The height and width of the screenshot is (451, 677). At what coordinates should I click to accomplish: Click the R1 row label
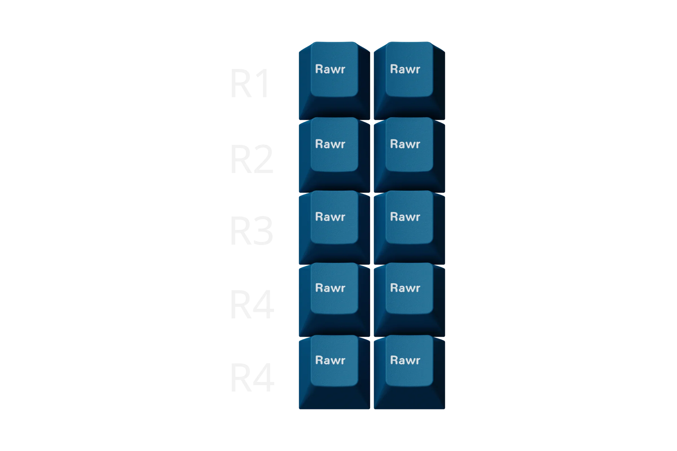[250, 83]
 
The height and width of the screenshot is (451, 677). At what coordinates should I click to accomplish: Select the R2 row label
[252, 159]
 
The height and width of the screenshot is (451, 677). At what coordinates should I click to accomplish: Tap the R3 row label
[252, 230]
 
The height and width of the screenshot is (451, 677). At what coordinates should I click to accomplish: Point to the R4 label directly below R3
[253, 304]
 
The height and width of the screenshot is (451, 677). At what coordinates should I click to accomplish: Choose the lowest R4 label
[253, 377]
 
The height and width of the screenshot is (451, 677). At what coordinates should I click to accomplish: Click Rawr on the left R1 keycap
[330, 69]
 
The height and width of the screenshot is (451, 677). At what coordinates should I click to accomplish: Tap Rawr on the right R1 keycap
[405, 69]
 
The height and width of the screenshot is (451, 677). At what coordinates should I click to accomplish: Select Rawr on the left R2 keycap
[330, 144]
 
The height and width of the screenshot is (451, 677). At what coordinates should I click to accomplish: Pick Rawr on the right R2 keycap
[405, 144]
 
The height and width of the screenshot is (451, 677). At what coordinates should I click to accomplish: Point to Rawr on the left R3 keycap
[330, 216]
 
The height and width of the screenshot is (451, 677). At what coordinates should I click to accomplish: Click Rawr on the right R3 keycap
[405, 216]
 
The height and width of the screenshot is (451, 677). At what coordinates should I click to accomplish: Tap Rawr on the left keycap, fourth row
[330, 288]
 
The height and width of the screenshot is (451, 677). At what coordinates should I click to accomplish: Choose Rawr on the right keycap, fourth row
[405, 288]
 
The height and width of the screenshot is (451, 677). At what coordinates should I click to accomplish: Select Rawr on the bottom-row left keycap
[330, 360]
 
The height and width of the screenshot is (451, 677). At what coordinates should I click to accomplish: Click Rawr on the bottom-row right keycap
[405, 360]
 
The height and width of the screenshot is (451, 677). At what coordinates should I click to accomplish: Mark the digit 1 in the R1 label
[263, 83]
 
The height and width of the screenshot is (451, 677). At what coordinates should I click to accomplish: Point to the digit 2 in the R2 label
[263, 159]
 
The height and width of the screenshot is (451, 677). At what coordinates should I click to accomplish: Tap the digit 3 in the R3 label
[263, 230]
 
